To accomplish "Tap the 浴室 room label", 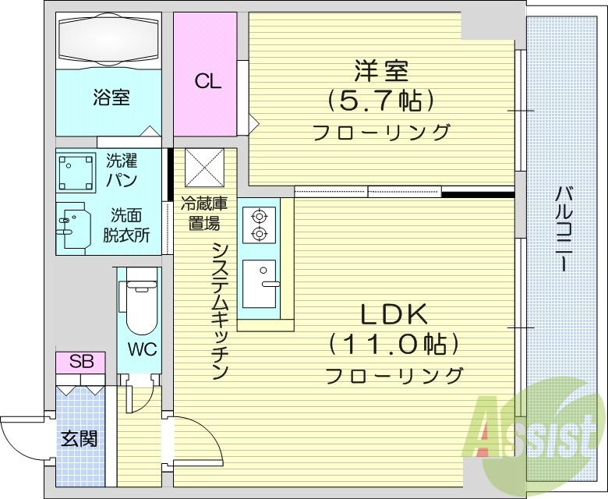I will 111,98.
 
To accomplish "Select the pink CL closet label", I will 207,81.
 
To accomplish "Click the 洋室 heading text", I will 381,73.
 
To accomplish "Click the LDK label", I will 393,314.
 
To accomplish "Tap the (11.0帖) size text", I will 393,344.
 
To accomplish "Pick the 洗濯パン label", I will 122,171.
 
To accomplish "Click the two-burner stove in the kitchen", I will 258,225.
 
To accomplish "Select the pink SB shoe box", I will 80,362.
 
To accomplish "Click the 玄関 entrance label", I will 80,439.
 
